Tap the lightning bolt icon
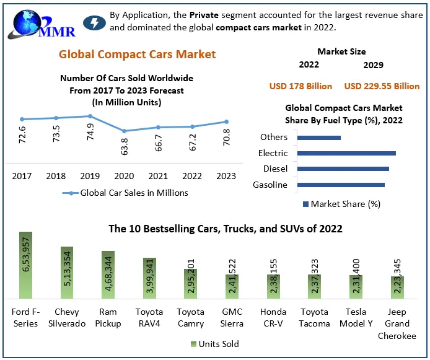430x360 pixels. click(94, 24)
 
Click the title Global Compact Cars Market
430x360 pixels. click(138, 55)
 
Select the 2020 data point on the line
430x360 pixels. click(125, 131)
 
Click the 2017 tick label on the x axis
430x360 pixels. click(22, 176)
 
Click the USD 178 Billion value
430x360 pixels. click(301, 86)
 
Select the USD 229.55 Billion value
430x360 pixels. click(382, 86)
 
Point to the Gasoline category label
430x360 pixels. click(270, 185)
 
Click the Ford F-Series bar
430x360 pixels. click(25, 266)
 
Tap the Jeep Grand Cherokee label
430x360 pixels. click(397, 323)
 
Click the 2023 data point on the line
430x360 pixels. click(226, 121)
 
